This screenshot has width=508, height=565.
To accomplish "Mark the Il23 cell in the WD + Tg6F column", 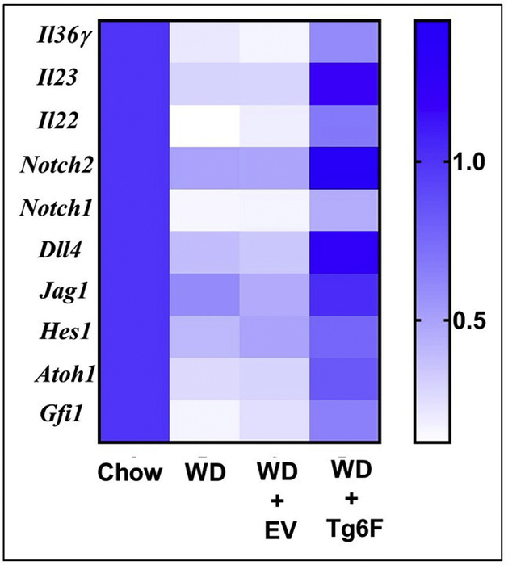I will pos(345,84).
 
